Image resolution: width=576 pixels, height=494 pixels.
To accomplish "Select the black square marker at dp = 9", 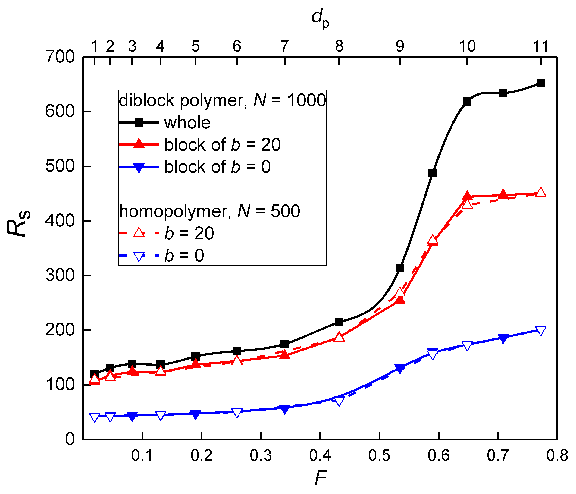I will [x=400, y=268].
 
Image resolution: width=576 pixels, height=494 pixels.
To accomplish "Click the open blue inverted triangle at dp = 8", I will [x=339, y=401].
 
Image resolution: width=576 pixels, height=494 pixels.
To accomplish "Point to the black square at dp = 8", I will [x=339, y=322].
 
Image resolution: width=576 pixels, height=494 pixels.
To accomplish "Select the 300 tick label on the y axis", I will [x=60, y=275].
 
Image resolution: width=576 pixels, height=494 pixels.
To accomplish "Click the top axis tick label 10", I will [x=467, y=46].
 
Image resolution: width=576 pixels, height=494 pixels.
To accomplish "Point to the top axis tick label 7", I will [x=285, y=46].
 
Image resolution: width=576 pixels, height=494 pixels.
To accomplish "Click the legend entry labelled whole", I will [x=187, y=122].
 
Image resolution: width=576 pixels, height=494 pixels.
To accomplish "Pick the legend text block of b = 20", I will [x=222, y=145].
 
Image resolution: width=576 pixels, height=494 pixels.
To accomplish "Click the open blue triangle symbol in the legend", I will [x=139, y=256].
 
